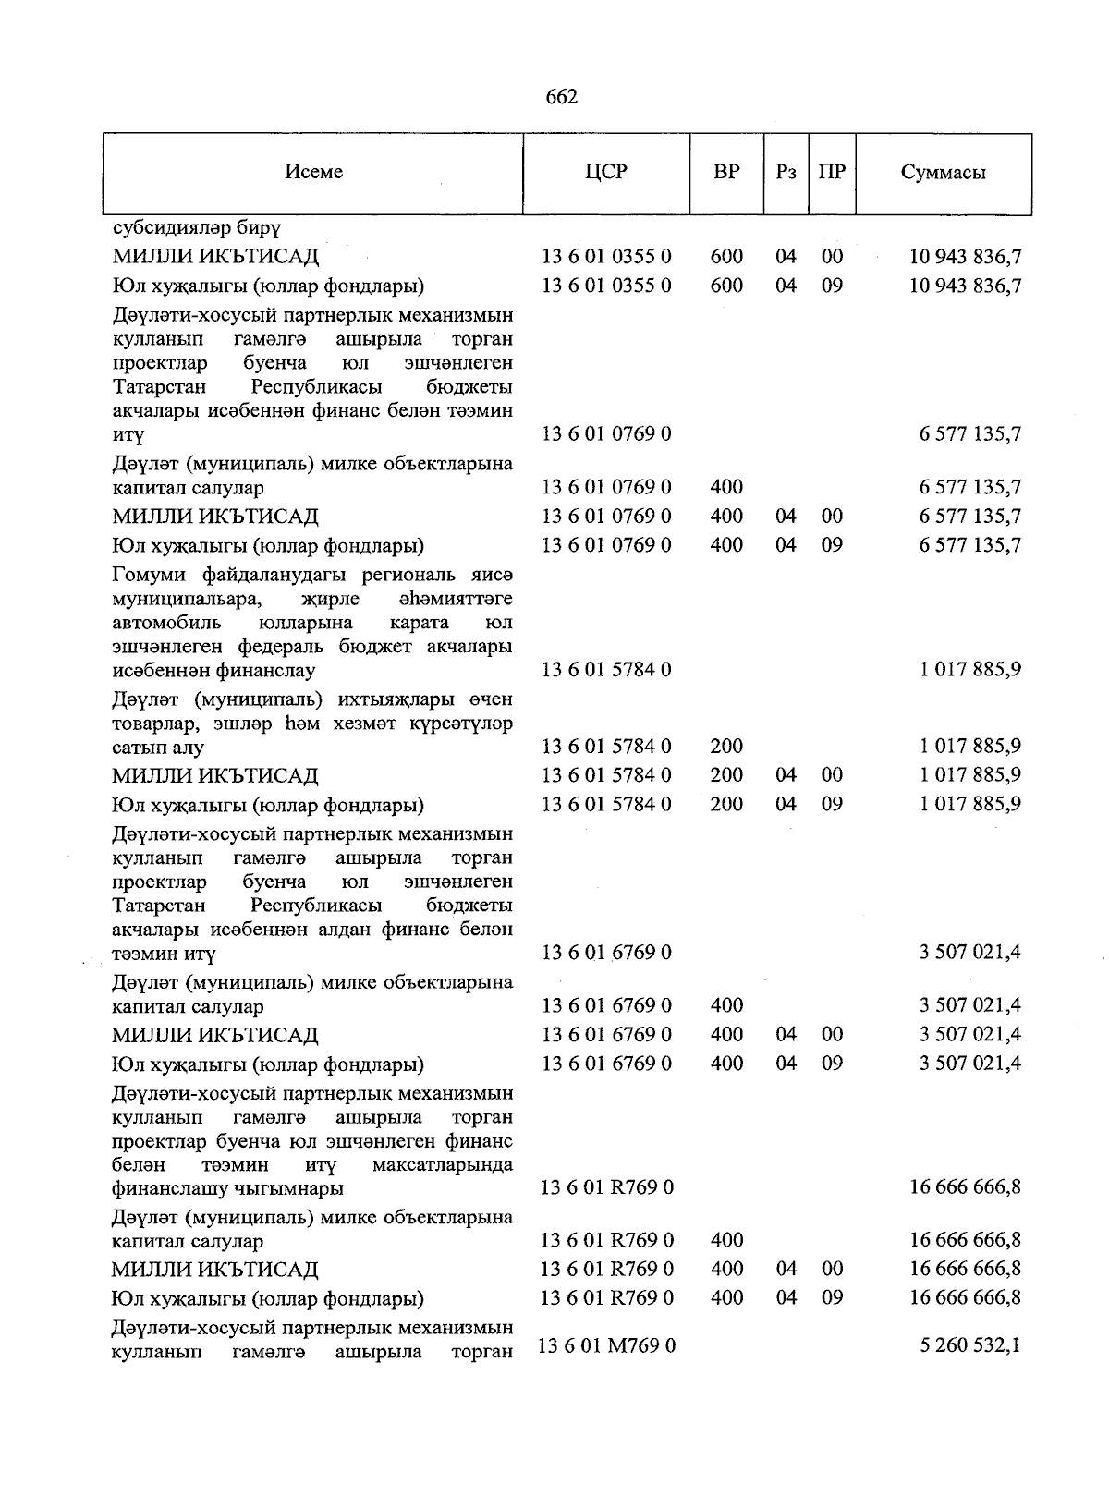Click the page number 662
pyautogui.click(x=562, y=97)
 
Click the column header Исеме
pyautogui.click(x=313, y=173)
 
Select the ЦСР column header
pyautogui.click(x=606, y=173)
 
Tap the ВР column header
pyautogui.click(x=726, y=173)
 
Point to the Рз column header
pyautogui.click(x=786, y=173)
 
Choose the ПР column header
pyautogui.click(x=832, y=173)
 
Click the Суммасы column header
pyautogui.click(x=943, y=173)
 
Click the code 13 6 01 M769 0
pyautogui.click(x=606, y=1346)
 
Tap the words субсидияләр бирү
pyautogui.click(x=197, y=227)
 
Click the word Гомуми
pyautogui.click(x=150, y=576)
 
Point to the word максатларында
pyautogui.click(x=442, y=1165)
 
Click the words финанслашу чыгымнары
pyautogui.click(x=227, y=1188)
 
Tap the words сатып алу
pyautogui.click(x=158, y=748)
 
